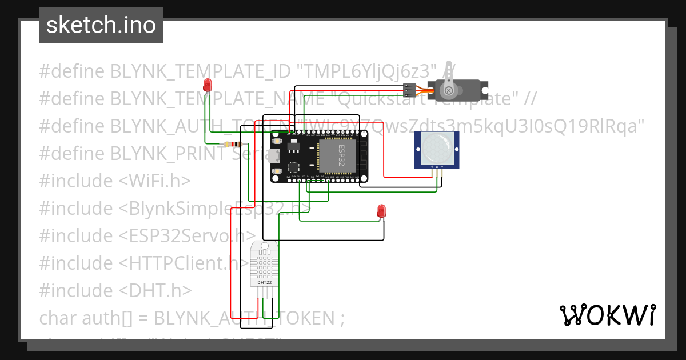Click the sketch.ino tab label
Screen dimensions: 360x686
101,25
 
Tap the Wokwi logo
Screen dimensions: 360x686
607,315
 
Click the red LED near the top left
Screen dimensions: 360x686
208,86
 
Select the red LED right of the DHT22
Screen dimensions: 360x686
381,211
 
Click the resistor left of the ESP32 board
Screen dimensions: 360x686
233,144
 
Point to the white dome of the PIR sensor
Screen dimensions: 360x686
437,147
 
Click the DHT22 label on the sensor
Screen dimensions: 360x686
264,282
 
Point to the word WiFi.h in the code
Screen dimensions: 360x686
154,181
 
